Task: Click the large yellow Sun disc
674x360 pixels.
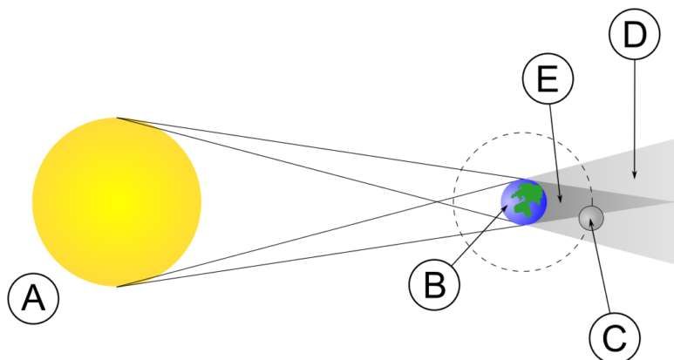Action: click(x=117, y=202)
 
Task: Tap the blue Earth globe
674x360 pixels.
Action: click(x=524, y=202)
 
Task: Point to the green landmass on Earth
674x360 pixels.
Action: click(x=527, y=199)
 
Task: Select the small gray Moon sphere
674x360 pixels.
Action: click(x=591, y=218)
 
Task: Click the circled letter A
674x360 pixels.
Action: click(x=33, y=299)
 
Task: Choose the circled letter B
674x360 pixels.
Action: click(x=434, y=284)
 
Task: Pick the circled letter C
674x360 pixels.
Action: click(x=615, y=336)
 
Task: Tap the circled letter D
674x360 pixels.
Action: click(x=635, y=34)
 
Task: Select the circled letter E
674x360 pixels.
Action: click(x=548, y=78)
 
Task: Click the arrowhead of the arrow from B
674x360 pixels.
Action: click(x=506, y=208)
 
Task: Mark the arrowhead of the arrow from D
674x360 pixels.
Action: click(x=635, y=175)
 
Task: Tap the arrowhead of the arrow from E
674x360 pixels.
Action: click(x=560, y=199)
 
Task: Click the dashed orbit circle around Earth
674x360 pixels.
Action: click(x=454, y=202)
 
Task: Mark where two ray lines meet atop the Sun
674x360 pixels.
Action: click(x=117, y=118)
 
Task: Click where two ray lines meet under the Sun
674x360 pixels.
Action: click(x=117, y=286)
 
